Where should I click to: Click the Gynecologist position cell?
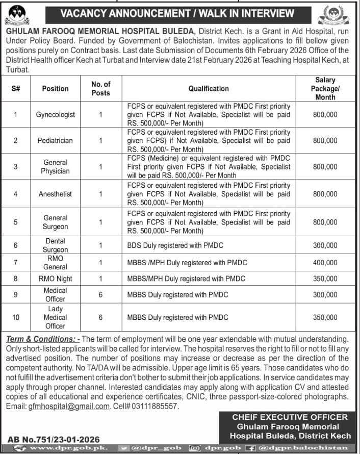[55, 115]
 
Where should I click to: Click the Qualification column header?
[209, 88]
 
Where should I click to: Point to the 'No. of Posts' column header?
[100, 88]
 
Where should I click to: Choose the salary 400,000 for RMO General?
[325, 262]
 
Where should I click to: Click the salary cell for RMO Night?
[325, 279]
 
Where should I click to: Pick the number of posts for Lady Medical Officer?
[100, 317]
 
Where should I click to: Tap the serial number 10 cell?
[16, 317]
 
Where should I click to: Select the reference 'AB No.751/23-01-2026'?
[54, 439]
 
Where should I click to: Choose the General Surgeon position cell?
[55, 222]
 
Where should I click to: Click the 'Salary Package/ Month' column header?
[325, 88]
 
